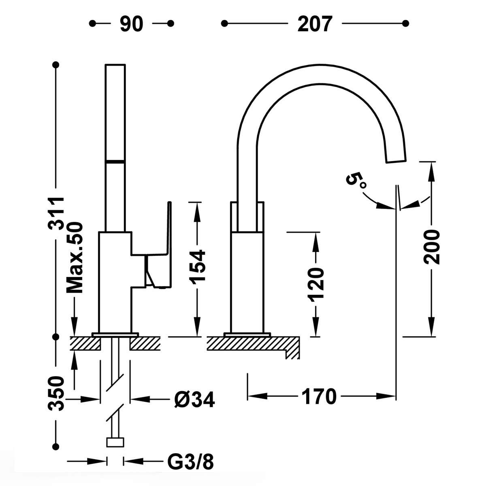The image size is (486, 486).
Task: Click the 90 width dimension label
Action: pos(132,24)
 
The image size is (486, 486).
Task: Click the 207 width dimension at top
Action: pos(315,24)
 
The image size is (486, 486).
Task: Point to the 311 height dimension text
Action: pos(57,213)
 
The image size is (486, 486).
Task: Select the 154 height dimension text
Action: pos(197,266)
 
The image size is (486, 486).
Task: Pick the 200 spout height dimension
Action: pos(432,247)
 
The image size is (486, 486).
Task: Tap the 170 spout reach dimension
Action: pos(319,396)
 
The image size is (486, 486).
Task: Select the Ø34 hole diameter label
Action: pos(194,400)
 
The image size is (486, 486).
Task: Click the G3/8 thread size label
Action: pos(190,462)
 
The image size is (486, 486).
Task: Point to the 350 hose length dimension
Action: pos(56,394)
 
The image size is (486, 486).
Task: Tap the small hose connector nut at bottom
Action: pos(115,442)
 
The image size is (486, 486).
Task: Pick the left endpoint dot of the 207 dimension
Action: pos(224,23)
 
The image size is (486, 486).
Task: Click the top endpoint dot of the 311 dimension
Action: pos(56,64)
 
